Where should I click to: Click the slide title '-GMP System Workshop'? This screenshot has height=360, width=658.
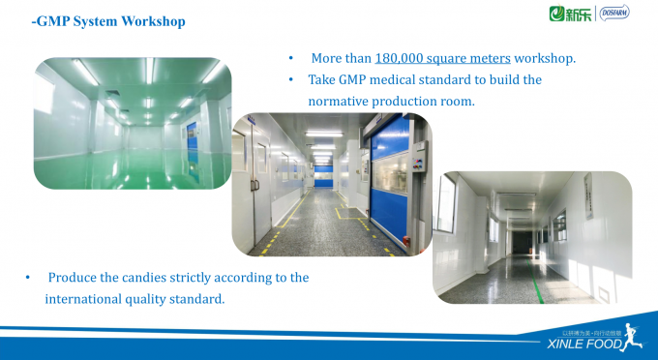click(107, 20)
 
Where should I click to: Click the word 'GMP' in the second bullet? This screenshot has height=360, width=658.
click(352, 79)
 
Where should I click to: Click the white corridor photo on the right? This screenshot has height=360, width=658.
click(531, 235)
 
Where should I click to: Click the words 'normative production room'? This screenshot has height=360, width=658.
click(391, 101)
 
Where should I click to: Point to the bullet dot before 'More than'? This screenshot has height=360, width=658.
click(292, 58)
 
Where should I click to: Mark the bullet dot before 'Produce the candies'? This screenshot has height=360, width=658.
click(28, 278)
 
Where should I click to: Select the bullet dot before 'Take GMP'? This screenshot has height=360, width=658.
click(292, 79)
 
